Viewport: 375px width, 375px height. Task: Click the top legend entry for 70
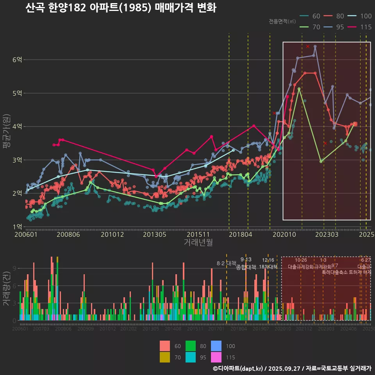click(x=311, y=27)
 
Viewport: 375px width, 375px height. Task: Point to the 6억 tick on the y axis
click(x=17, y=59)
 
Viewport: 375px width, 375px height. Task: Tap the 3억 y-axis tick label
click(x=17, y=159)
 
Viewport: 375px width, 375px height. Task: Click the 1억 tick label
click(x=17, y=226)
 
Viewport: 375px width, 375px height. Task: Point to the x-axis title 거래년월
click(x=198, y=242)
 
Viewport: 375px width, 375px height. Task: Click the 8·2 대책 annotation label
click(x=227, y=263)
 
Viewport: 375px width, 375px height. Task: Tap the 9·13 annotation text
click(x=246, y=260)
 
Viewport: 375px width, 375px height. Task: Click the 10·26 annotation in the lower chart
click(x=300, y=260)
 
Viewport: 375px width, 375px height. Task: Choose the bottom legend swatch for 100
click(x=216, y=346)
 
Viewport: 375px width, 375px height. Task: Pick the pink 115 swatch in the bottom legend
click(x=216, y=357)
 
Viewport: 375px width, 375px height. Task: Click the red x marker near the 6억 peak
click(x=308, y=46)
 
